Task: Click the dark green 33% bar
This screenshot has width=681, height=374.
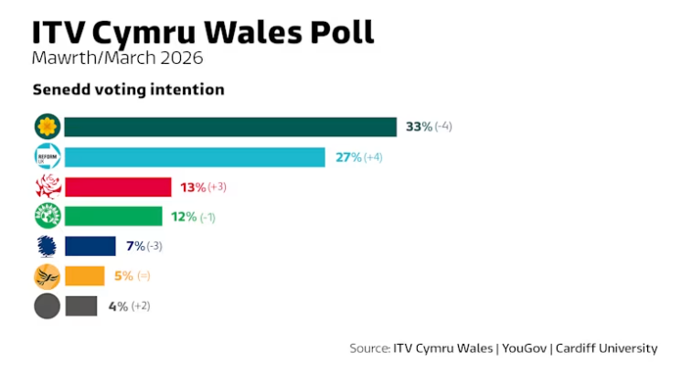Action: pos(229,126)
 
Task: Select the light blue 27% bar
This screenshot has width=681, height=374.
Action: pos(194,156)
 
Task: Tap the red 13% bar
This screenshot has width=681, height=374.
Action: pos(117,187)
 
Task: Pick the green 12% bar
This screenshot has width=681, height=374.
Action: pos(114,217)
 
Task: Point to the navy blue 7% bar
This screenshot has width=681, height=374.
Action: pos(90,246)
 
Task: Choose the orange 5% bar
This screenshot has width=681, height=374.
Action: pos(84,276)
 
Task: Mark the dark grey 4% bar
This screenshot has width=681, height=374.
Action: pos(80,306)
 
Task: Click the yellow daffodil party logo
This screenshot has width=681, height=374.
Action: pos(47,126)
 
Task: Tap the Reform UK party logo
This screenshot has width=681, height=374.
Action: pos(47,156)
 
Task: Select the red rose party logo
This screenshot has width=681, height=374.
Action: pos(47,187)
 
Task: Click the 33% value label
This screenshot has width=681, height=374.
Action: pos(419,126)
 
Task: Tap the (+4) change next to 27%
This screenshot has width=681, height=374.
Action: pos(374,157)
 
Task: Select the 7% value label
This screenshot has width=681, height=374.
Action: pos(136,246)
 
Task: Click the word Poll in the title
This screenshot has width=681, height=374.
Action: pos(339,32)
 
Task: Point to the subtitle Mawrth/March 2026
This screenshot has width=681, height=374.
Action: pos(117,59)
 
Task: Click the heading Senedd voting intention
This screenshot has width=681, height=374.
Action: pos(128,91)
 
